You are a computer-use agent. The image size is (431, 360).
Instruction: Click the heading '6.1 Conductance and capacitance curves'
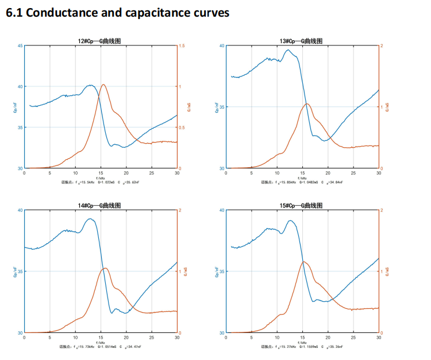pyautogui.click(x=117, y=13)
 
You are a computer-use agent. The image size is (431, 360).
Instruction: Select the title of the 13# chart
pyautogui.click(x=302, y=41)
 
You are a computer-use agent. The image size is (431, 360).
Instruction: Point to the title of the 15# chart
pyautogui.click(x=302, y=205)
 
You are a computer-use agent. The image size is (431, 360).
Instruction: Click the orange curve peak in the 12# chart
pyautogui.click(x=103, y=85)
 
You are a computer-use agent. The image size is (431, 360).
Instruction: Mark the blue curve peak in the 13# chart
pyautogui.click(x=288, y=50)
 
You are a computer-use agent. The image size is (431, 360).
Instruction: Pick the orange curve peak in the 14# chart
pyautogui.click(x=105, y=268)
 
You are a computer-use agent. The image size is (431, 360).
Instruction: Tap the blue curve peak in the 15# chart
pyautogui.click(x=290, y=220)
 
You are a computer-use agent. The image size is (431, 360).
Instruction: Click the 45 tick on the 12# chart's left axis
pyautogui.click(x=21, y=46)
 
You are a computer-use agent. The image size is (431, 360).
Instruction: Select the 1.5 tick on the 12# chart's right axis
pyautogui.click(x=182, y=46)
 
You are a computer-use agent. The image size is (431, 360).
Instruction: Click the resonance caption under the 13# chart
pyautogui.click(x=302, y=182)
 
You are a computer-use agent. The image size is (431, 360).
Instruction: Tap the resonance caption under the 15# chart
pyautogui.click(x=302, y=347)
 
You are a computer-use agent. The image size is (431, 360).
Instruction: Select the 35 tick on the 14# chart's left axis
pyautogui.click(x=21, y=271)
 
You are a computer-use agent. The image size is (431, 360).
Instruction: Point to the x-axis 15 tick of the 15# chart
pyautogui.click(x=302, y=338)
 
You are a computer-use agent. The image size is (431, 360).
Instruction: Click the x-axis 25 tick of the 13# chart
pyautogui.click(x=353, y=173)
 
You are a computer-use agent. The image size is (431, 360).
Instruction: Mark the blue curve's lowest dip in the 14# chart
pyautogui.click(x=113, y=313)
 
